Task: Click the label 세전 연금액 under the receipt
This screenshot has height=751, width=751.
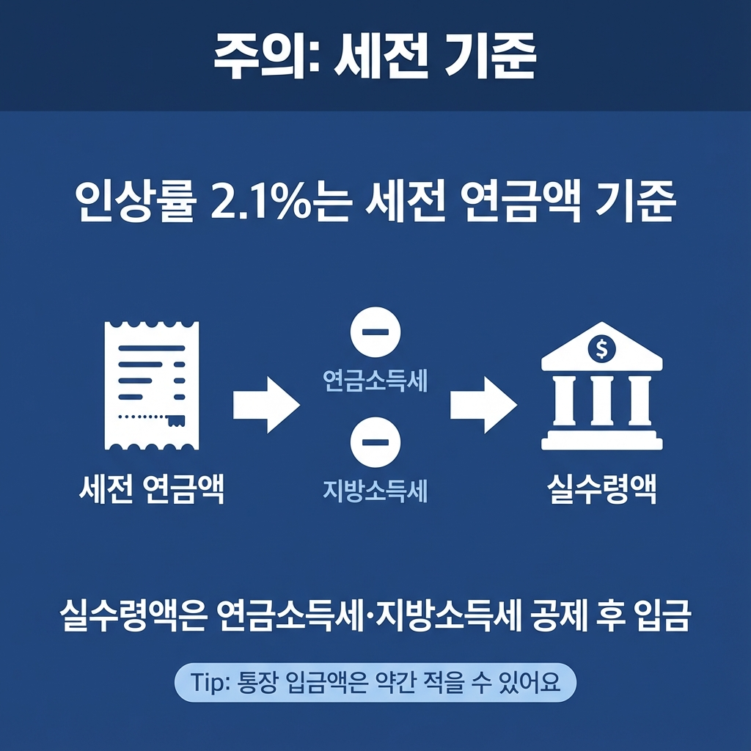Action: click(x=152, y=489)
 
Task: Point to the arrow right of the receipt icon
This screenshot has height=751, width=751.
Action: click(x=266, y=404)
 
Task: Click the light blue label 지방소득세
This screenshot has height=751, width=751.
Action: click(x=375, y=490)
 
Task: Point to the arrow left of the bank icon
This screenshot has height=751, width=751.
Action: click(x=483, y=404)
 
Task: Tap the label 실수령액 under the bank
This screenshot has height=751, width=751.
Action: click(x=602, y=489)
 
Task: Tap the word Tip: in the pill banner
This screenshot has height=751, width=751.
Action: click(x=210, y=684)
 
